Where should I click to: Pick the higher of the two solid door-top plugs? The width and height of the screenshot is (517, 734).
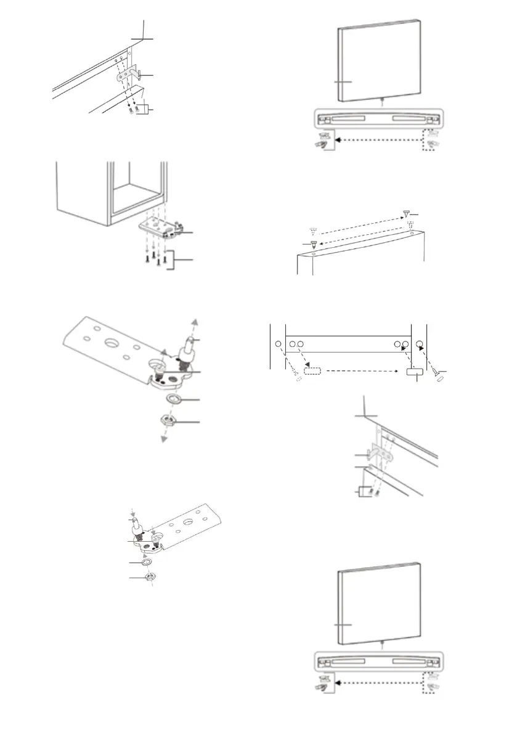pyautogui.click(x=407, y=213)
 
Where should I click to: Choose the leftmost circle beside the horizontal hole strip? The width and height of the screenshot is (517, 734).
pyautogui.click(x=277, y=343)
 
